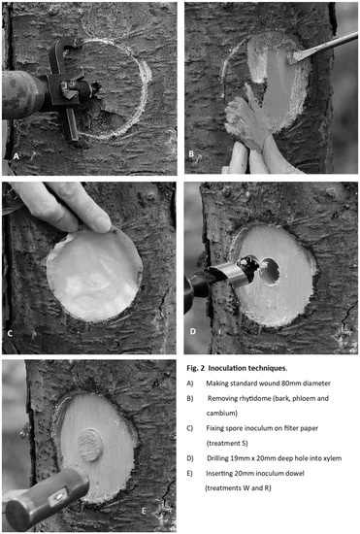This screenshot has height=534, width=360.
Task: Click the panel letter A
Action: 16,156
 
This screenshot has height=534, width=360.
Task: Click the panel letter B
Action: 191,154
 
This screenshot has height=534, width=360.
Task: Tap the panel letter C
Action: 10,333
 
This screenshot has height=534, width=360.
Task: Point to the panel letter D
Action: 193,331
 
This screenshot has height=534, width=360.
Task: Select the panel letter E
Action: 144,511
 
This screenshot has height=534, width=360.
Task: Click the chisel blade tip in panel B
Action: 290,60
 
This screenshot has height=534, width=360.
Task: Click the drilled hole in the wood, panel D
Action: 271,272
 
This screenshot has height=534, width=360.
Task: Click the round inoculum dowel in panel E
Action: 90,445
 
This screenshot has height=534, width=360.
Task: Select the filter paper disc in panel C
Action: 93,274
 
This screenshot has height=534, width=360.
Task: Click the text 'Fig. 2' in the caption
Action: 195,368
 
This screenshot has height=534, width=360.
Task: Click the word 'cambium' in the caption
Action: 221,413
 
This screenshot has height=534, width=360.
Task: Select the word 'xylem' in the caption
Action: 333,458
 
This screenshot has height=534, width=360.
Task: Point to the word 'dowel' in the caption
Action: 296,473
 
